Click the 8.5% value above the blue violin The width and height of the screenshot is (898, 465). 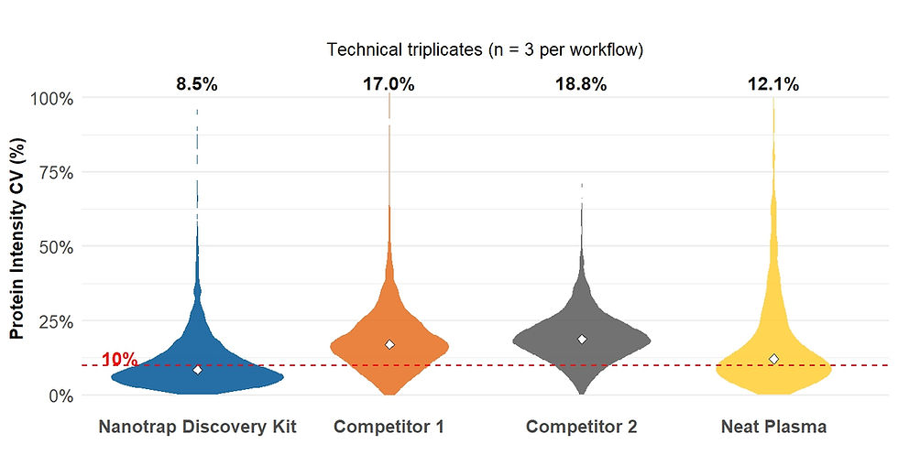(x=197, y=85)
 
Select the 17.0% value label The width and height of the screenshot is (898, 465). (x=389, y=85)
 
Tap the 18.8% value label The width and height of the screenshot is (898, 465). (x=581, y=85)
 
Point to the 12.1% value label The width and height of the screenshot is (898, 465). (x=773, y=85)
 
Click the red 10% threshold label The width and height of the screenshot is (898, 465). (x=119, y=360)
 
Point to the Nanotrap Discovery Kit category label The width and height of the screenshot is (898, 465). (x=197, y=427)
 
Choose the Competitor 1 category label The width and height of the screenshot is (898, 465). (x=389, y=427)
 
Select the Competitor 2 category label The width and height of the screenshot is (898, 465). (x=581, y=427)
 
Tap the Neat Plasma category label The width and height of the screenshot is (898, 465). (x=773, y=427)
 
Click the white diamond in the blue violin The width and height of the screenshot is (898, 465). (x=197, y=370)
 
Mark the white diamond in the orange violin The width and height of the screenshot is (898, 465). (x=389, y=345)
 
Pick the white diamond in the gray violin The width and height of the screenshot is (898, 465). (x=582, y=340)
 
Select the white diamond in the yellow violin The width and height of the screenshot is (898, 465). (x=773, y=360)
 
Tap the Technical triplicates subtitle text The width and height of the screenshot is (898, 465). (x=485, y=49)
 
